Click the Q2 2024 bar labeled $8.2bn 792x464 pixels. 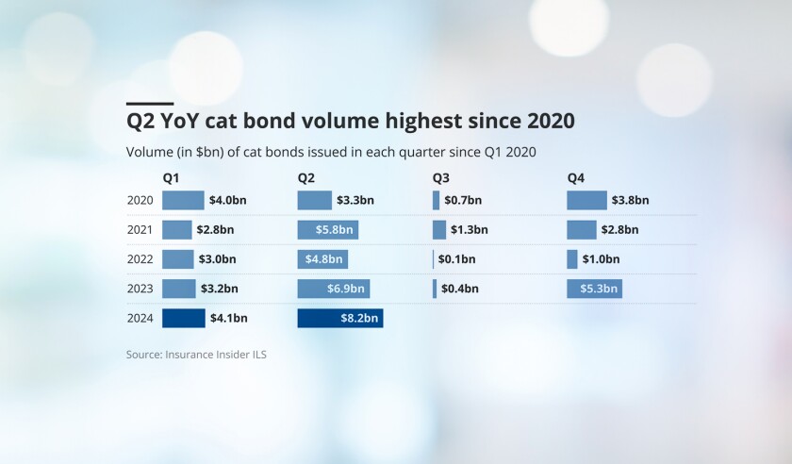(340, 319)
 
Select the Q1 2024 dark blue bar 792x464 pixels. (184, 319)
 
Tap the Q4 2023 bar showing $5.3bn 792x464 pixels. (594, 289)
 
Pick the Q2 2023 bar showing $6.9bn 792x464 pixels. (333, 289)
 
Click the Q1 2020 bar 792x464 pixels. (183, 200)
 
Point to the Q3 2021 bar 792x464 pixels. (439, 230)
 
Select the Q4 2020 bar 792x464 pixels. (586, 200)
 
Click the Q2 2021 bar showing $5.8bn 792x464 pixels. (327, 230)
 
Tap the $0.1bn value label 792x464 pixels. (456, 259)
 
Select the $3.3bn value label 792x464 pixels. (355, 200)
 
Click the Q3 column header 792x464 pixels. (441, 177)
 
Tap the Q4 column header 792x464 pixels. (576, 177)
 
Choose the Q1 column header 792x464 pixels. (171, 177)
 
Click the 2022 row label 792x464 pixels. (140, 259)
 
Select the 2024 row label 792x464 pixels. (140, 319)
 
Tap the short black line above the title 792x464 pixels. (149, 104)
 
